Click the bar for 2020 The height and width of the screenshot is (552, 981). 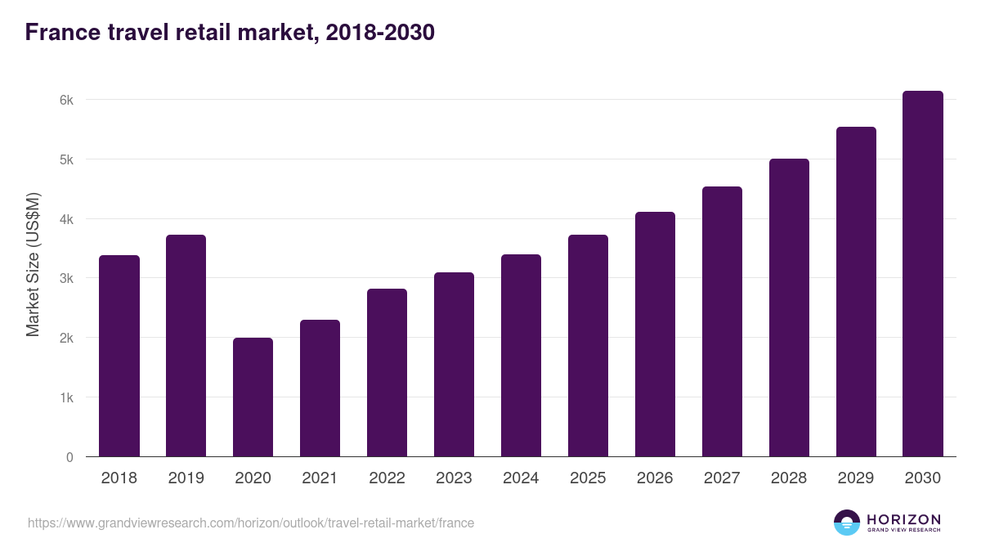coord(253,397)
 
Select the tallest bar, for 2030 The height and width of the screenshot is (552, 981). coord(923,274)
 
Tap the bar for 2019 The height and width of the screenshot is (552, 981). coord(186,346)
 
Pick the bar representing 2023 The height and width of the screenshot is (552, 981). coord(454,365)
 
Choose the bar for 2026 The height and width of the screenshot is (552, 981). coord(655,334)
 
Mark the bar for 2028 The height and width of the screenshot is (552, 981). coord(789,307)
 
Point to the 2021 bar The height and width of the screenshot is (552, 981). coord(320,388)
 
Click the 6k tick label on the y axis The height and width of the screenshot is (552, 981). coord(66,101)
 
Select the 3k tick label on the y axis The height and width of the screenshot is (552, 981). coord(66,279)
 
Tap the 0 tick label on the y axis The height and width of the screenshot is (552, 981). coord(69,457)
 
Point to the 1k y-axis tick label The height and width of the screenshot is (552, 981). coord(66,398)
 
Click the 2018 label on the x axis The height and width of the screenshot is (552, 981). coord(119,478)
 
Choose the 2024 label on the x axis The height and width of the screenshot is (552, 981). coord(521,478)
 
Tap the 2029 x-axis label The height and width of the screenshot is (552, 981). coord(856,478)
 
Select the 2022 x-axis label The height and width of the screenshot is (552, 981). coord(387,478)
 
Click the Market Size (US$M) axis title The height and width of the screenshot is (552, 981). coord(33,264)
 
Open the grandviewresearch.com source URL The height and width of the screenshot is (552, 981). coord(251,523)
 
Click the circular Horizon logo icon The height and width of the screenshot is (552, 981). coord(847,523)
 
